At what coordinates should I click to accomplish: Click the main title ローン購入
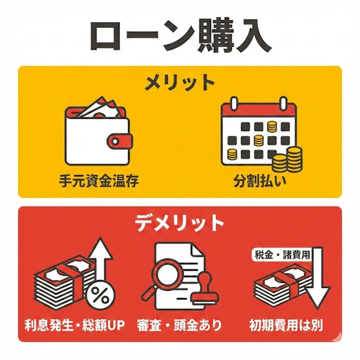click(180, 35)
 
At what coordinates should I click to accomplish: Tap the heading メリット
click(180, 81)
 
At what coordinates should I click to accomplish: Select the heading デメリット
click(180, 223)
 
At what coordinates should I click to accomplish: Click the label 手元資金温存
click(99, 181)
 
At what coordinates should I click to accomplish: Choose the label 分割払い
click(259, 181)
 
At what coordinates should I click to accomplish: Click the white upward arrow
click(100, 259)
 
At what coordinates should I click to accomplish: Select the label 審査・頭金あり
click(181, 325)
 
